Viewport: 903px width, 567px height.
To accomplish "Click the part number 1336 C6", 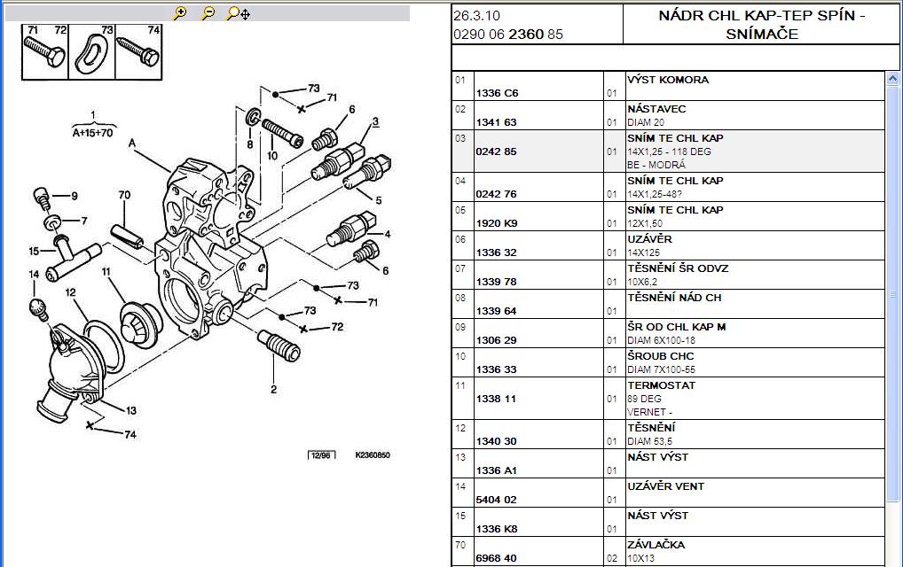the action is tap(497, 93).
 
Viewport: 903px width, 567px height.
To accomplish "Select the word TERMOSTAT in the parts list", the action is tap(661, 385).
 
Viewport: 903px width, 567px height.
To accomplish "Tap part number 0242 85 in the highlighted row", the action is tap(496, 151).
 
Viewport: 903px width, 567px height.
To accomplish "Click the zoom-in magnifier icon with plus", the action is tap(180, 13).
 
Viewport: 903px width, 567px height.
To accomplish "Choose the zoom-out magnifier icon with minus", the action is tap(208, 13).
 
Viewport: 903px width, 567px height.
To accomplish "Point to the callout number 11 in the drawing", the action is tap(106, 271).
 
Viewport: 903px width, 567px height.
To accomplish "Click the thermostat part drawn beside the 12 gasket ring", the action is tap(142, 325).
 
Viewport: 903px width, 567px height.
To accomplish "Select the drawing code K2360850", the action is tap(373, 454).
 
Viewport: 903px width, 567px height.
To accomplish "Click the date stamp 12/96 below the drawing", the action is tap(321, 455).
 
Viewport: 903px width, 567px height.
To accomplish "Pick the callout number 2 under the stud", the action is tap(273, 389).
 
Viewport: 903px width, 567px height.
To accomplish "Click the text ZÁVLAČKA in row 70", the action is tap(656, 545).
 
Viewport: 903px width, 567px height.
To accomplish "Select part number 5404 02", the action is tap(496, 500).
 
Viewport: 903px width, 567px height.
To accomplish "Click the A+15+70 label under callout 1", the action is tap(93, 133).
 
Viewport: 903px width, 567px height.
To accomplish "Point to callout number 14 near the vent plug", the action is tap(34, 275).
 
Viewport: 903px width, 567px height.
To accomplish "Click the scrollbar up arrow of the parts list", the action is tap(892, 79).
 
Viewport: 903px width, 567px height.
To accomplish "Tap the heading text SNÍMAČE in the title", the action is tap(762, 34).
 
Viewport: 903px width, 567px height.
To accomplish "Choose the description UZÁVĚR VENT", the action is tap(666, 486).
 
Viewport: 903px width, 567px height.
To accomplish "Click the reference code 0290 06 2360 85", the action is tap(508, 35).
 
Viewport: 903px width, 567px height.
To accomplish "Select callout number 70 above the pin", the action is tap(124, 195).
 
